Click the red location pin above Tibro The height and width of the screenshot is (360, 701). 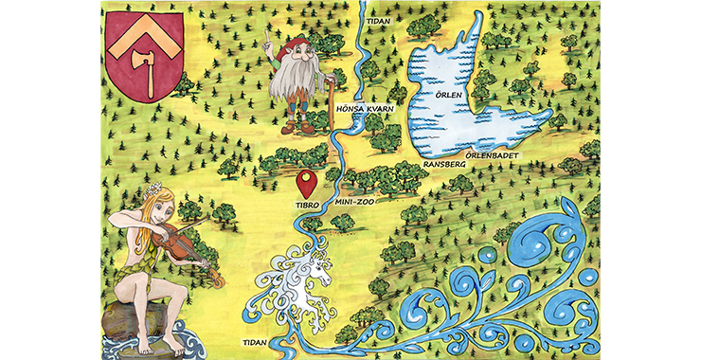coord(306,180)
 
